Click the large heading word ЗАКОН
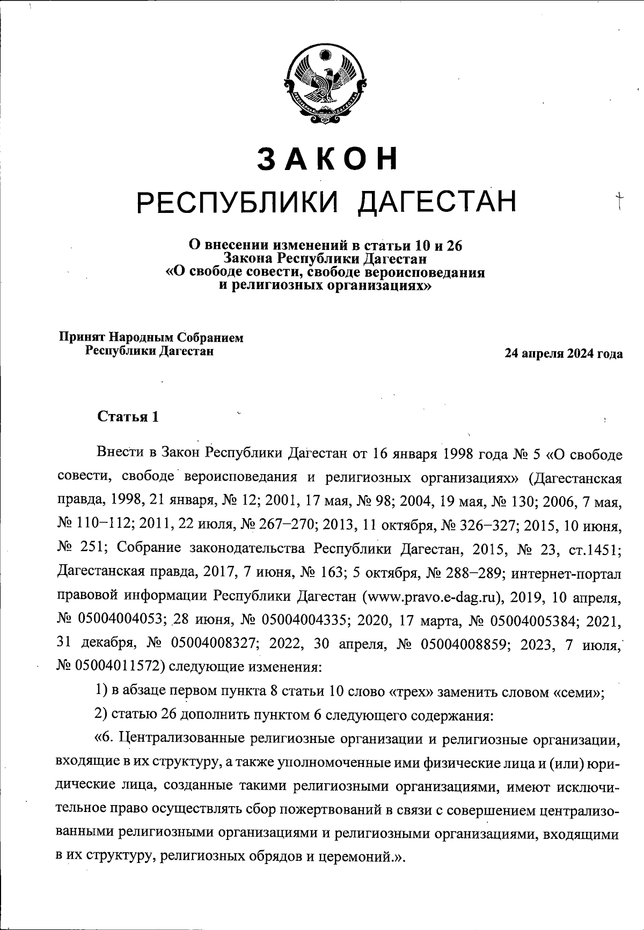pyautogui.click(x=328, y=158)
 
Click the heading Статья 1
pyautogui.click(x=128, y=417)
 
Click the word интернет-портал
pyautogui.click(x=568, y=573)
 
